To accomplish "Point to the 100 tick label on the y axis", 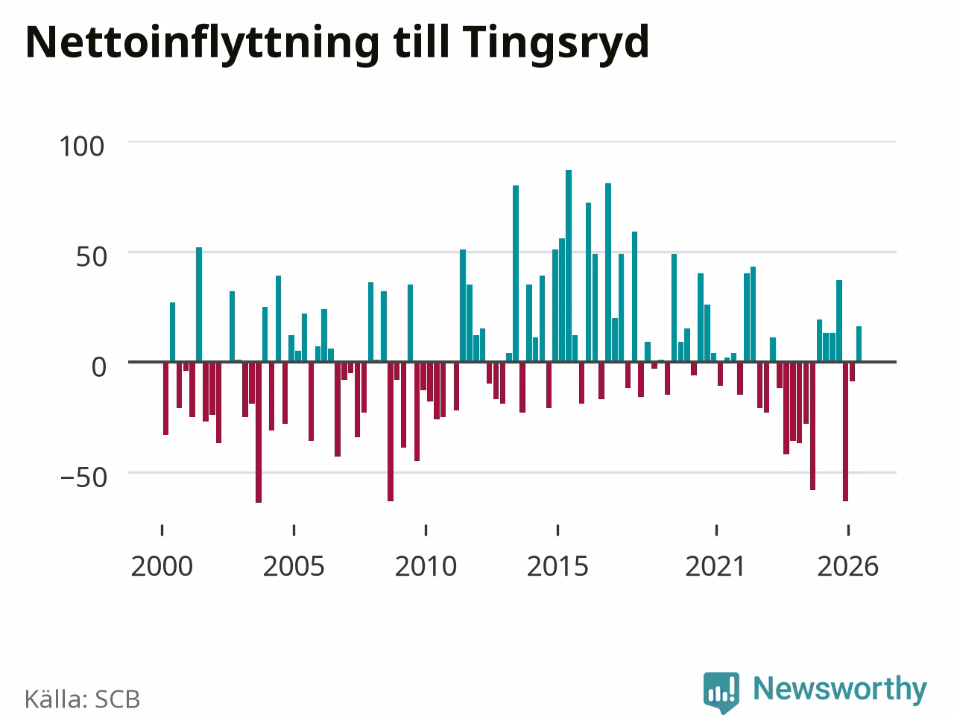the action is tap(82, 146).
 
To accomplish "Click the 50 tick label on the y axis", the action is tap(91, 257).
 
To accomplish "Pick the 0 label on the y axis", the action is tap(99, 367).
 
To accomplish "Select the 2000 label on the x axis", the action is tap(162, 567).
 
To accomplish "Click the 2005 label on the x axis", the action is tap(294, 567).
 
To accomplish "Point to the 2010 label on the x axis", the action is tap(426, 567).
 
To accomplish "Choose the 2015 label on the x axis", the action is tap(557, 567).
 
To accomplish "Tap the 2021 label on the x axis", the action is tap(715, 567).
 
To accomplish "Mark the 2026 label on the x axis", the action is tap(848, 567).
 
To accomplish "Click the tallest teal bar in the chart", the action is tap(569, 266).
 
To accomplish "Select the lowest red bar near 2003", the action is tap(259, 432).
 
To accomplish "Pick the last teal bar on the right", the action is tap(859, 344).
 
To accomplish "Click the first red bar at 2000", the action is tap(165, 398).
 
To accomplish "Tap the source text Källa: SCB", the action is tap(82, 699).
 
